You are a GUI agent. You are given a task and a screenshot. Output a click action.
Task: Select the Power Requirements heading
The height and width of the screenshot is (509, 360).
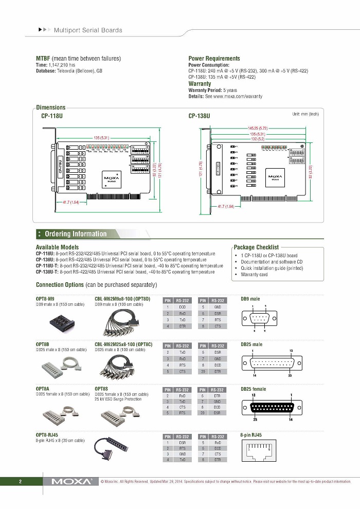point(214,59)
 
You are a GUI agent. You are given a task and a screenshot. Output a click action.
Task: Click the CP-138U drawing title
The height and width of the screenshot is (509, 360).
point(200,116)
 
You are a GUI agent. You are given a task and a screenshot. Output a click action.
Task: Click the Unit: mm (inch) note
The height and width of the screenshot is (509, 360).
point(305,114)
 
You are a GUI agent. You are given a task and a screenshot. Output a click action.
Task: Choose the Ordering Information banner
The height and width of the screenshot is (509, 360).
point(76,234)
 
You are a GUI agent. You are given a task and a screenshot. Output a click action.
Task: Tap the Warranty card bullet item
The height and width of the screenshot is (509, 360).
point(254,275)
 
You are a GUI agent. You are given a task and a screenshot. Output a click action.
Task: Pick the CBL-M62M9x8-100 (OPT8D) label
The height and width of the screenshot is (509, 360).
point(122,299)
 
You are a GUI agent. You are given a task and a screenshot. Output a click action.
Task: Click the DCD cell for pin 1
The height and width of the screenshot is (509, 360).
point(183,306)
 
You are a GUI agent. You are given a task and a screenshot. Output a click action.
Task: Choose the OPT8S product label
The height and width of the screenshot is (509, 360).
point(101,389)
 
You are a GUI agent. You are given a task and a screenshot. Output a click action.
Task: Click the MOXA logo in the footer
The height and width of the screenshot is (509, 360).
point(72,482)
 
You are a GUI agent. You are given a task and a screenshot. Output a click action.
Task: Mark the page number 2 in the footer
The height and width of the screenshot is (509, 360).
point(20,482)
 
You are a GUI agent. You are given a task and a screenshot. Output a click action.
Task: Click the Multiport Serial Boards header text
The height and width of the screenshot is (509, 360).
point(88,30)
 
